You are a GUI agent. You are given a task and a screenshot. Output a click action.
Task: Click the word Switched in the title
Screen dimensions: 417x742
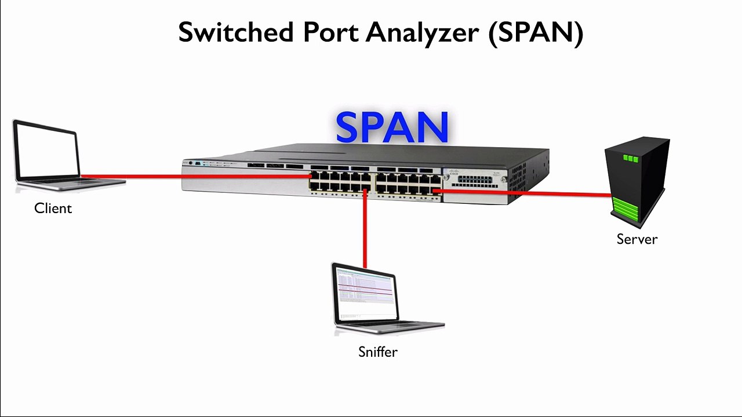pos(236,32)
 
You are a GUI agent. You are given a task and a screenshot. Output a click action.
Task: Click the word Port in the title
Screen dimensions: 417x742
pos(330,32)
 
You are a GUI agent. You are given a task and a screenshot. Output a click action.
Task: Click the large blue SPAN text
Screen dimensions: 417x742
pos(392,127)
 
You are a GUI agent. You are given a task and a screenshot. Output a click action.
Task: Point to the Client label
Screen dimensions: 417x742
pos(53,209)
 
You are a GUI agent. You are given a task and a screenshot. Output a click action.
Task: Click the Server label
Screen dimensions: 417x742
pos(636,239)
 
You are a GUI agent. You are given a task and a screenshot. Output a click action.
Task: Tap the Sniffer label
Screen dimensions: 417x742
pos(377,352)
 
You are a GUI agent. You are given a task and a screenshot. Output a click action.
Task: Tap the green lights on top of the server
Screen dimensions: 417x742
pos(630,158)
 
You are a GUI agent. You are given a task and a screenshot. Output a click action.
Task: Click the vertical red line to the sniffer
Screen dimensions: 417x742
pos(365,232)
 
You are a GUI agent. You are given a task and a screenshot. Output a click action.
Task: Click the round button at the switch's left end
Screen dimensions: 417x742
pos(191,163)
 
